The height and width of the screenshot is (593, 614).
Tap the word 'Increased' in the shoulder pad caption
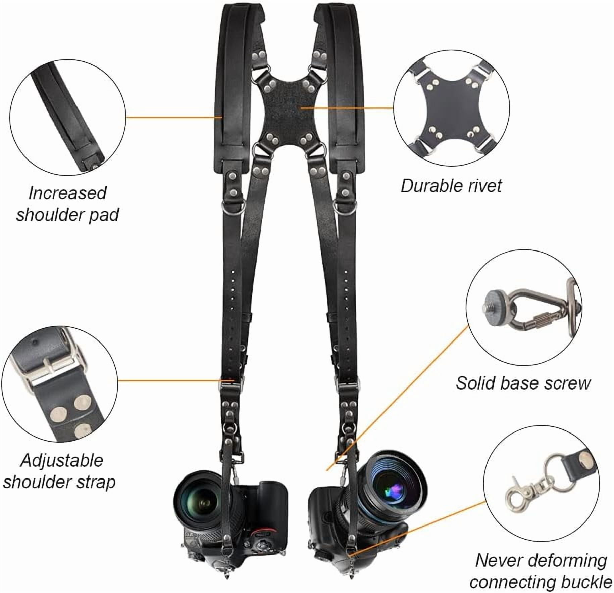(67, 193)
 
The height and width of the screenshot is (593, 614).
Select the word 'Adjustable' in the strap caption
(62, 461)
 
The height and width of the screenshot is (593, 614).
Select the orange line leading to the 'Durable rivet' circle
(347, 108)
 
